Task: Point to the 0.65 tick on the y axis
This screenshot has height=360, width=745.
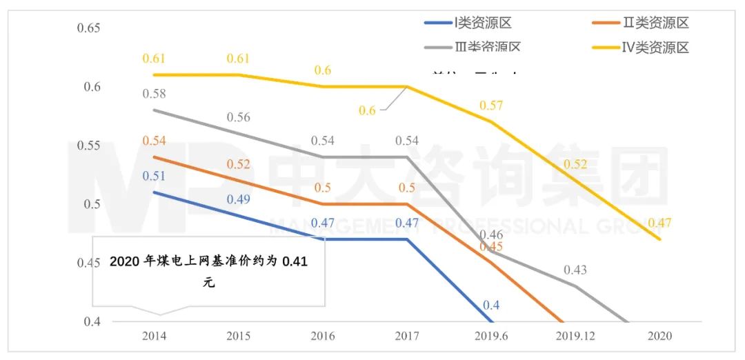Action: click(89, 28)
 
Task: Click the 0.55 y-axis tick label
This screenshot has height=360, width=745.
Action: click(89, 146)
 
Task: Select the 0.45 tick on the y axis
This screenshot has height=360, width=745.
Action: click(89, 263)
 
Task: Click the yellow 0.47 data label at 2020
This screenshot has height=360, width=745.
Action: click(659, 223)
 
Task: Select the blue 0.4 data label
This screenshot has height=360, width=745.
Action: click(491, 305)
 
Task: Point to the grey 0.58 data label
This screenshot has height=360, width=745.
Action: click(155, 94)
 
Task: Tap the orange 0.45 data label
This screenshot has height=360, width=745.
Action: click(491, 246)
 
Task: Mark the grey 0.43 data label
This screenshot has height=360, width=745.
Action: click(575, 270)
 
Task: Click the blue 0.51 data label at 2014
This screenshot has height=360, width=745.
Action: click(155, 175)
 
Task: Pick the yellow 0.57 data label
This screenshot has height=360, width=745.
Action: click(491, 106)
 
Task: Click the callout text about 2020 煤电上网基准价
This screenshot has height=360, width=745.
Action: click(208, 272)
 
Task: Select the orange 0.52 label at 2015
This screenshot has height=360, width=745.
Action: click(239, 164)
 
